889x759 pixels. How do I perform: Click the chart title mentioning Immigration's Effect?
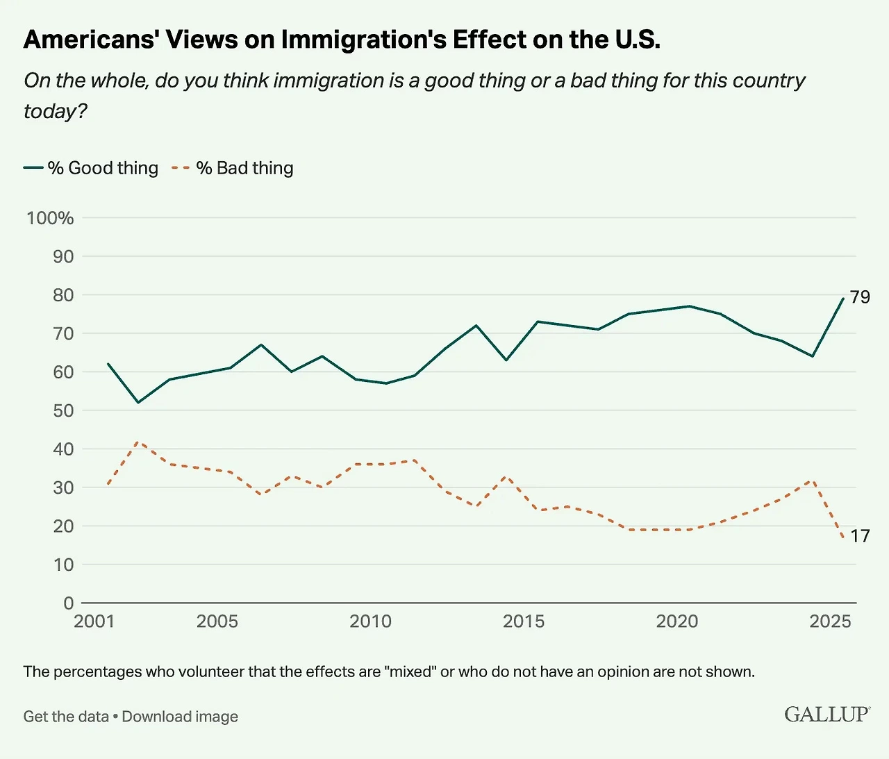coord(342,40)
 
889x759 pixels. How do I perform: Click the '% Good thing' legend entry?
coord(91,168)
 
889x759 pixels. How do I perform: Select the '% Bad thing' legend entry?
coord(233,168)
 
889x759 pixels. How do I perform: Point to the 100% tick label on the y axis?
coord(50,218)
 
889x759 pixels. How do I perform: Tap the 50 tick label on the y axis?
coord(63,410)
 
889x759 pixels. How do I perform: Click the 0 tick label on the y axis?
coord(68,603)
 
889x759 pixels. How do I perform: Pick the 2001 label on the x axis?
coord(94,621)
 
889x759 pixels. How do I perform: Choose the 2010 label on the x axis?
coord(370,621)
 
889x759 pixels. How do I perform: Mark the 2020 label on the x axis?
coord(676,621)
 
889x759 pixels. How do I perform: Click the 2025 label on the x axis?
coord(830,621)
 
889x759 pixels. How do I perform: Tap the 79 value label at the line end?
coord(860,297)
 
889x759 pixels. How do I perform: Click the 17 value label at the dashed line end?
coord(860,536)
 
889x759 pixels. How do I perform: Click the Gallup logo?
coord(826,715)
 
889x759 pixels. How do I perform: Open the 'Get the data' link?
coord(66,717)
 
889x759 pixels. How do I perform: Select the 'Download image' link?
coord(180,717)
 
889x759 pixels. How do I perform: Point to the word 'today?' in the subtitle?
coord(56,111)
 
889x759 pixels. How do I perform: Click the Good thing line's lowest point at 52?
coord(138,402)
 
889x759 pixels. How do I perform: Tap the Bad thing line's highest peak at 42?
coord(139,442)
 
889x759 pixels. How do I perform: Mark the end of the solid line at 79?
coord(843,299)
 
